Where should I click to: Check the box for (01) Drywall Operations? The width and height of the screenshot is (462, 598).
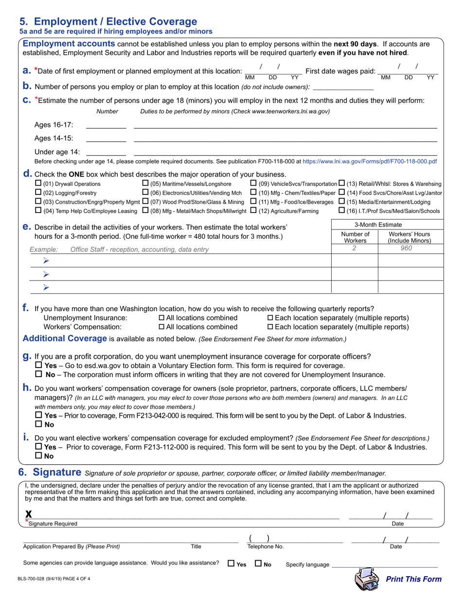click(39, 184)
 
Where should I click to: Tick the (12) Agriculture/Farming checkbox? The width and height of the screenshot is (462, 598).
click(253, 211)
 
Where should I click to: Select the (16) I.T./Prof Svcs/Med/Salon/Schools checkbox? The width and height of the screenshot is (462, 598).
click(342, 211)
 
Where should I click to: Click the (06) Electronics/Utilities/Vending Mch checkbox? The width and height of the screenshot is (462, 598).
click(145, 193)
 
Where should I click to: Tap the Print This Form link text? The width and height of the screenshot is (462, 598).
click(413, 579)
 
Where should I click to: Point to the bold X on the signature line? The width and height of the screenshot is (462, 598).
click(29, 514)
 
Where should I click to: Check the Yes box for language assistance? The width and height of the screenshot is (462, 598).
click(231, 564)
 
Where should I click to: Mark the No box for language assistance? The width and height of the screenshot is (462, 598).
click(259, 564)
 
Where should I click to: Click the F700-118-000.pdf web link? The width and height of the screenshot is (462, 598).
click(370, 161)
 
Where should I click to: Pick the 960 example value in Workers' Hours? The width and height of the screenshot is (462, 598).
click(406, 248)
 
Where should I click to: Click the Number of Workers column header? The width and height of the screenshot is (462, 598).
click(355, 237)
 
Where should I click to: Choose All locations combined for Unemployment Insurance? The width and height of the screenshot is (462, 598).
click(162, 318)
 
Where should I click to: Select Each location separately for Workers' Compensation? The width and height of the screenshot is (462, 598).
click(271, 327)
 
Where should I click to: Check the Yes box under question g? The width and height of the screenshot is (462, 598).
click(39, 366)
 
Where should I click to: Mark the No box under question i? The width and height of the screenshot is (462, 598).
click(39, 456)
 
